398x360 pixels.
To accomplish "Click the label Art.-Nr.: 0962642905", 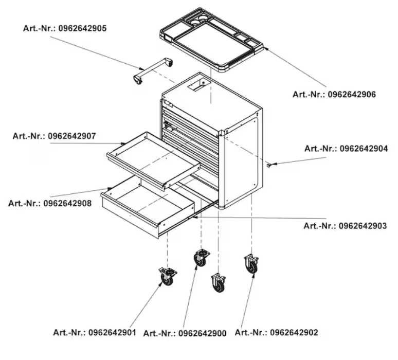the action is pos(65,28).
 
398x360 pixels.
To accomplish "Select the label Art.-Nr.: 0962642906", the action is pos(334,95).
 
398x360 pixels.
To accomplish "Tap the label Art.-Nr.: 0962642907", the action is pos(55,136).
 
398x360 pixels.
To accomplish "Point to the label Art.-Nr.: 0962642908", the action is pos(50,203).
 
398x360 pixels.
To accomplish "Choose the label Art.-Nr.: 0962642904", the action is pos(346,149).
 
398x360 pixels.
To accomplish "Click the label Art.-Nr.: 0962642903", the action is pos(345,226).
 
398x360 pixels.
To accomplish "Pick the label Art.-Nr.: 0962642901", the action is pos(95,332).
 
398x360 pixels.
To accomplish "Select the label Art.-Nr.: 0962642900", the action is pos(185,333).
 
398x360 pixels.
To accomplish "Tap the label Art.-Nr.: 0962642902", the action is pos(277,332).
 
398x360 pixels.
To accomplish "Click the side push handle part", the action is pos(153,70).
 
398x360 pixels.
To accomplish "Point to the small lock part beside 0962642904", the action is pos(268,166).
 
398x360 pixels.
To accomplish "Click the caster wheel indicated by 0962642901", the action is pos(167,276).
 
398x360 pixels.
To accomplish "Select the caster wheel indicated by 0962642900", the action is pos(202,258).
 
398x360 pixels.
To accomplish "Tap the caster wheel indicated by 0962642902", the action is pos(251,264).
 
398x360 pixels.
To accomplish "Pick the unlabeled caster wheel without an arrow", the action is pos(219,282).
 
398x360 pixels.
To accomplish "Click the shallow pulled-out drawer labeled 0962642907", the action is pos(153,160).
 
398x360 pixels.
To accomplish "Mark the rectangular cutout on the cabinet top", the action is pos(199,84).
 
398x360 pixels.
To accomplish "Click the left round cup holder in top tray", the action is pos(195,23).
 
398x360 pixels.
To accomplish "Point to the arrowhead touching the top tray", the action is pos(266,48).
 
